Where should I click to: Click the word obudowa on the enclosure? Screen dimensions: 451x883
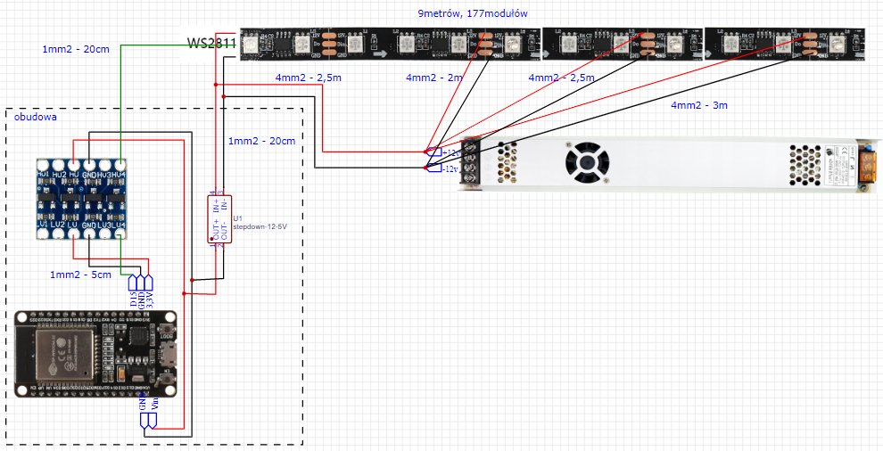(x=35, y=117)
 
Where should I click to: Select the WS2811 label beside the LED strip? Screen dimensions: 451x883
(x=211, y=43)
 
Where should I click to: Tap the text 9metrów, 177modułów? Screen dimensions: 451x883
(x=473, y=13)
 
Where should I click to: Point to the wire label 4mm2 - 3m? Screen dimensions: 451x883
(x=699, y=105)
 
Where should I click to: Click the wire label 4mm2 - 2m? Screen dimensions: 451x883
(x=434, y=78)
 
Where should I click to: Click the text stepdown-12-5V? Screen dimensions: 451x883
(x=260, y=227)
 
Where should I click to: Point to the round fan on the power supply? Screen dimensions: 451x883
(x=586, y=163)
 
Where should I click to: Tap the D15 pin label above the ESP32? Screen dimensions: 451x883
(x=133, y=299)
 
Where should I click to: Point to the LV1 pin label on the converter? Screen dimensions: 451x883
(x=44, y=223)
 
